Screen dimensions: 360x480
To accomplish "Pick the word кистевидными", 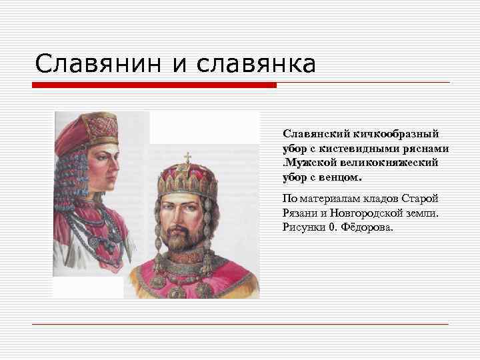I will tap(367, 149).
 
